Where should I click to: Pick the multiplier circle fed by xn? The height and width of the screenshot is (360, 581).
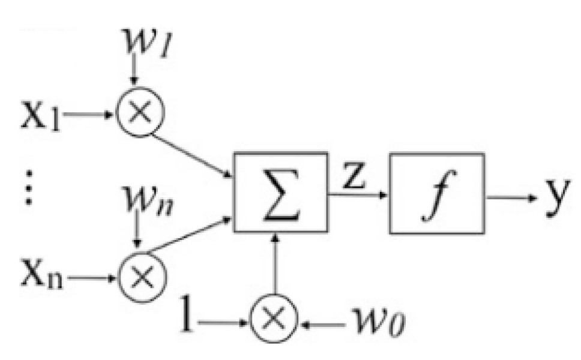141,275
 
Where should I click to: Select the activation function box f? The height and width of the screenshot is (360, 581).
437,193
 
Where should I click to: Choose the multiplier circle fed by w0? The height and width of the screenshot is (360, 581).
274,324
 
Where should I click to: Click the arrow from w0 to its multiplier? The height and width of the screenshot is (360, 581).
324,325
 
